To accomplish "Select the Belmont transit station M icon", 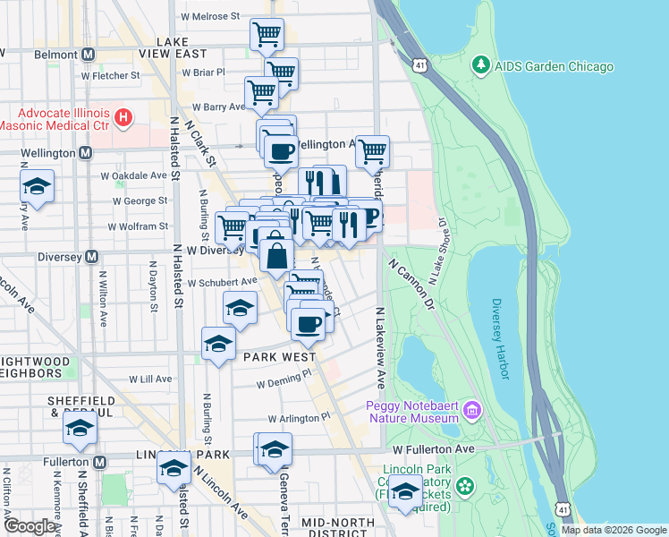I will pyautogui.click(x=88, y=54).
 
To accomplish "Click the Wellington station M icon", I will pyautogui.click(x=85, y=153).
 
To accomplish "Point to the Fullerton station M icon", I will pyautogui.click(x=100, y=462).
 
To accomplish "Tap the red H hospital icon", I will pyautogui.click(x=123, y=116).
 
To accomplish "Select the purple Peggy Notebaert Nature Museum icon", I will pyautogui.click(x=472, y=412).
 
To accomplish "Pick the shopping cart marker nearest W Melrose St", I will pyautogui.click(x=267, y=36).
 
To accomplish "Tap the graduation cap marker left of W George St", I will pyautogui.click(x=37, y=187).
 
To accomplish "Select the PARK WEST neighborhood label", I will pyautogui.click(x=276, y=356).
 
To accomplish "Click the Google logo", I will pyautogui.click(x=30, y=526).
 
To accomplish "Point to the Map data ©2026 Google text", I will pyautogui.click(x=613, y=530).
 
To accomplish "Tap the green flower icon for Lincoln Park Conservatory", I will pyautogui.click(x=464, y=486).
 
